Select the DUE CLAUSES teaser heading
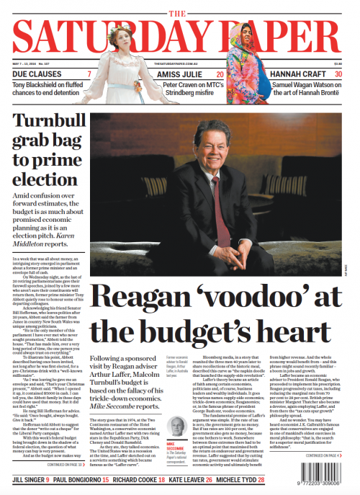36,75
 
